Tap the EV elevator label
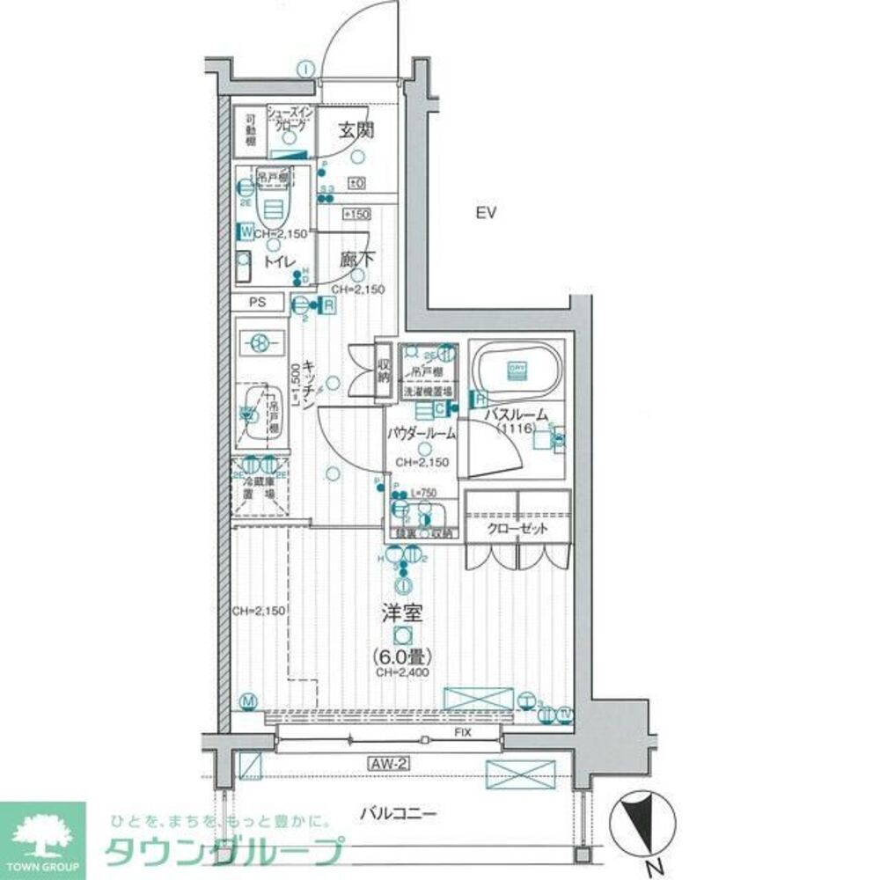(487, 212)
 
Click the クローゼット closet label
(517, 529)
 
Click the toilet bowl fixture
(273, 209)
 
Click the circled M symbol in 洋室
(249, 701)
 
